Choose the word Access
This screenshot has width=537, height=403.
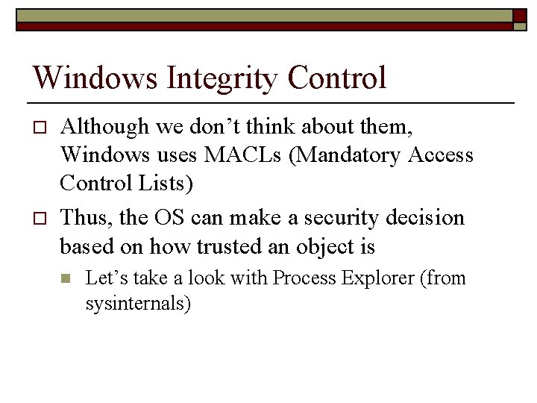click(x=440, y=154)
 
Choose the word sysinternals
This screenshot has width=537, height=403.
click(x=135, y=304)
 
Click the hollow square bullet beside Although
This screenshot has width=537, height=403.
click(x=40, y=128)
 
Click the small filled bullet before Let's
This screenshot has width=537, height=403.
click(x=65, y=279)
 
